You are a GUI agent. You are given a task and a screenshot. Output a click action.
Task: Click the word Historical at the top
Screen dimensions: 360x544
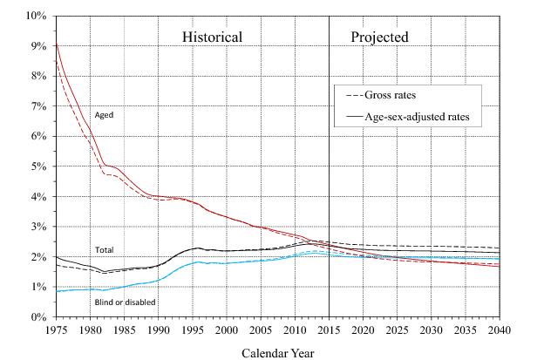(211, 37)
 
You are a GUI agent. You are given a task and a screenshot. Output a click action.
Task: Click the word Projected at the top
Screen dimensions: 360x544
(379, 37)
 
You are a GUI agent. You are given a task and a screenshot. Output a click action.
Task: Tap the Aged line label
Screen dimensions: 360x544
(104, 114)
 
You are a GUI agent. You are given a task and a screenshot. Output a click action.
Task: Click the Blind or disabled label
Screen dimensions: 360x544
(125, 302)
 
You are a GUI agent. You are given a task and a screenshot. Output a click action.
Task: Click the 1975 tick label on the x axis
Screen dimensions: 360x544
(57, 330)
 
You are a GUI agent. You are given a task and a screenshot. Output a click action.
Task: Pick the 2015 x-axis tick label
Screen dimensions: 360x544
(329, 330)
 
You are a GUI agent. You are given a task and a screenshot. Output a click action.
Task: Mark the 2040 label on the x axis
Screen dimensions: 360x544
(500, 330)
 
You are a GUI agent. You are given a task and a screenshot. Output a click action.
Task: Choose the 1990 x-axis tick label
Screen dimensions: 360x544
(159, 330)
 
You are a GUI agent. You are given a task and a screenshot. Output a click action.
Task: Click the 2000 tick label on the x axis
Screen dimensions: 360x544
(227, 330)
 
